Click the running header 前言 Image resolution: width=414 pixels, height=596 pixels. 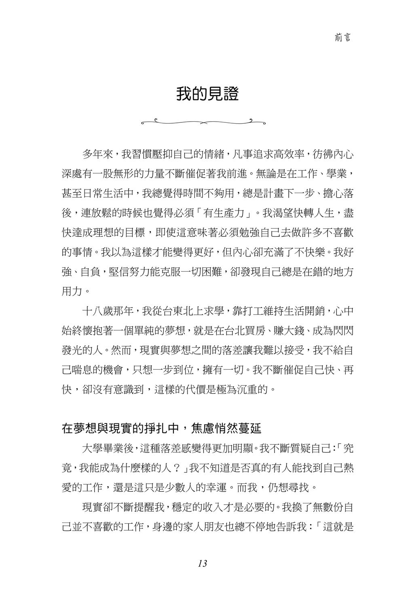click(342, 38)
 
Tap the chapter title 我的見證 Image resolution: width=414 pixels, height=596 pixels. click(207, 94)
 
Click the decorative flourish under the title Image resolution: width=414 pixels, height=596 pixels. click(207, 120)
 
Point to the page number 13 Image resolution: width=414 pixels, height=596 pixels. click(203, 563)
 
